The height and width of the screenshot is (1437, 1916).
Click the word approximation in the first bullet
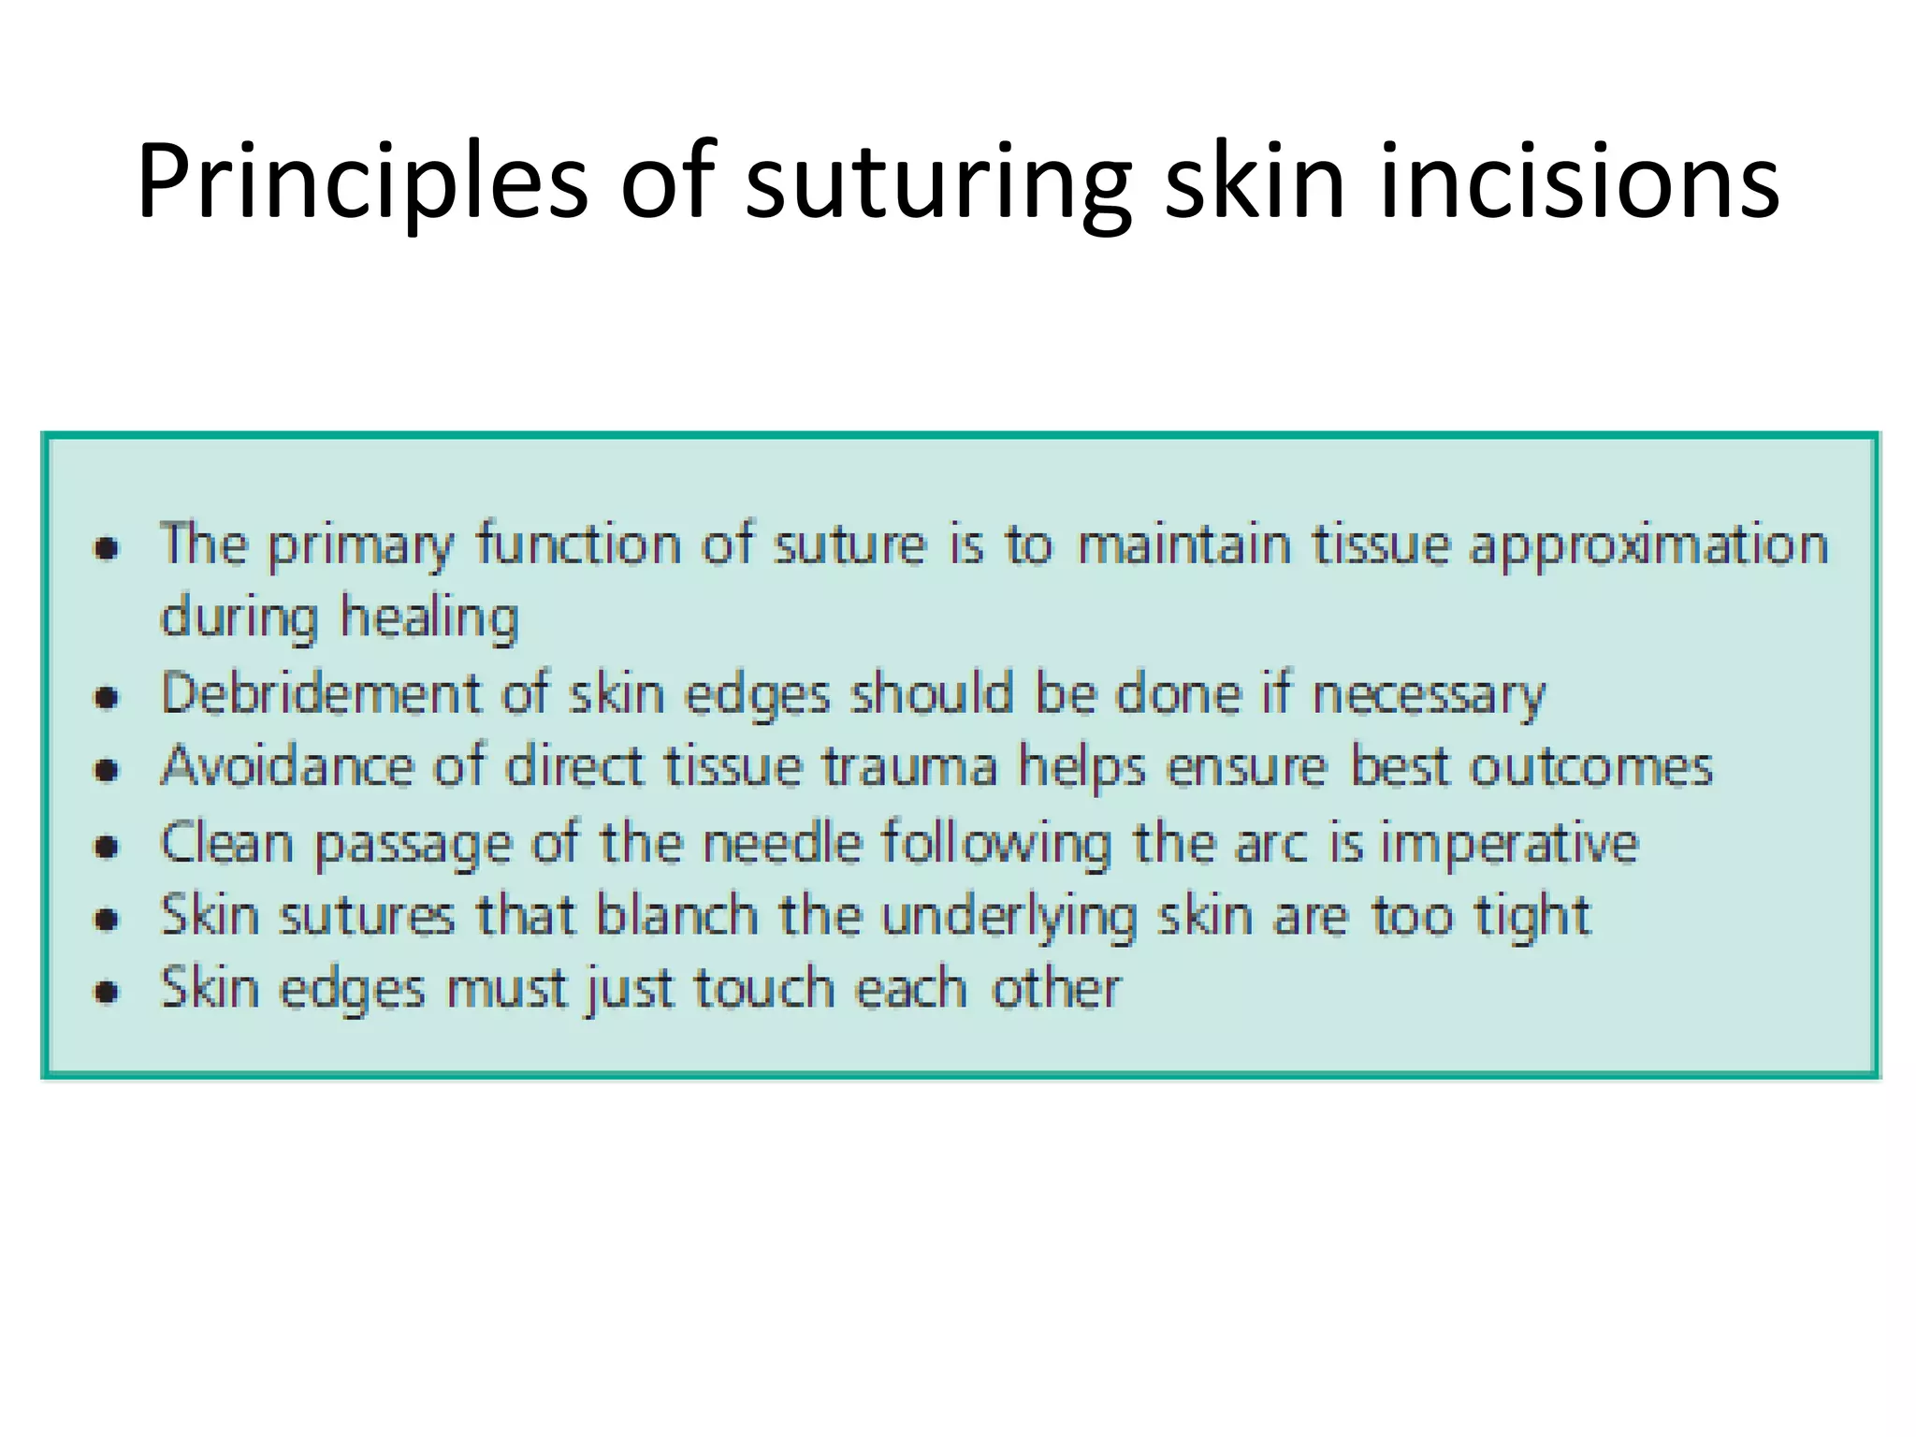coord(1648,546)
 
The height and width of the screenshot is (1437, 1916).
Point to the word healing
coord(428,619)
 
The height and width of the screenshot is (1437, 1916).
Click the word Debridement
coord(321,694)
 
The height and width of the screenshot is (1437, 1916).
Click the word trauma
coord(910,767)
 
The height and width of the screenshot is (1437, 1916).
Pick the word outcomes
coord(1590,767)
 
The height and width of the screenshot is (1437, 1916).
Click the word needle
coord(781,842)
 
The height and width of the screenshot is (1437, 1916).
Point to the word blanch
coord(676,915)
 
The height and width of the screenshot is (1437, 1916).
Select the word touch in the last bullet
coord(763,988)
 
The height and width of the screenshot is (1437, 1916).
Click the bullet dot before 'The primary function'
coord(109,548)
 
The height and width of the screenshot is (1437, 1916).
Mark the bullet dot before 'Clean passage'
coord(109,846)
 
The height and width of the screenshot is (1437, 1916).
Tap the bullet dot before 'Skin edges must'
coord(109,992)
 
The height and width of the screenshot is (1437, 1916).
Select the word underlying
coord(1009,917)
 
